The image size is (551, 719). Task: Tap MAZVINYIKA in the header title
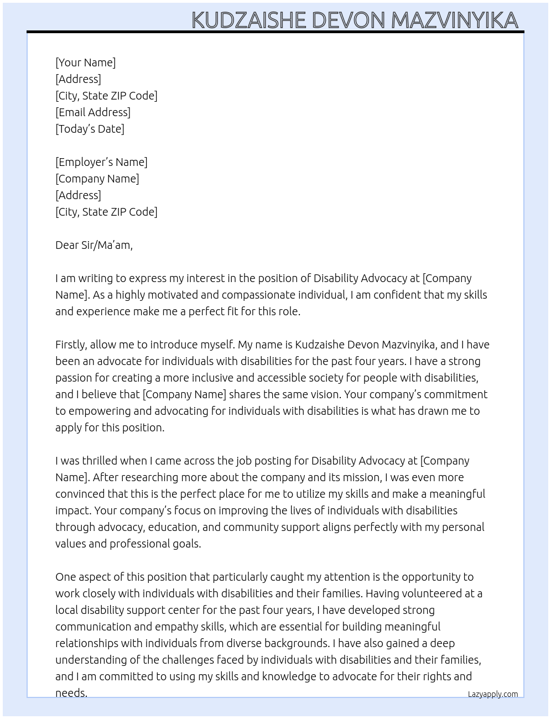tap(455, 20)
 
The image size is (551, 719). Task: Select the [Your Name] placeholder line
tap(86, 62)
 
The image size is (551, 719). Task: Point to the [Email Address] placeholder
tap(93, 112)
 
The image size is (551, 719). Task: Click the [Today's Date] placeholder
tap(90, 129)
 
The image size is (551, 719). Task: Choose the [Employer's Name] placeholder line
tap(101, 162)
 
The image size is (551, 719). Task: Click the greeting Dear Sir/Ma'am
tap(94, 245)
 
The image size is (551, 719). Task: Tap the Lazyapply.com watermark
tap(493, 694)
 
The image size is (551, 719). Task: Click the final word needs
tap(71, 692)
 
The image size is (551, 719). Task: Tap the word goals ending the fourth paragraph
tap(184, 544)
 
